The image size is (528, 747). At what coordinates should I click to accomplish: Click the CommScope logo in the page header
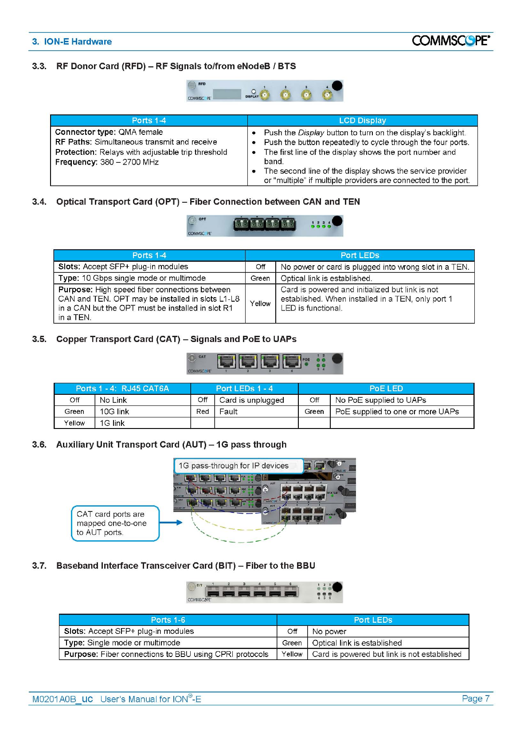pyautogui.click(x=450, y=40)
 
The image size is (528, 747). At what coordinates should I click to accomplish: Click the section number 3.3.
pyautogui.click(x=39, y=66)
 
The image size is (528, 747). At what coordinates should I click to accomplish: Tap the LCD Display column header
pyautogui.click(x=362, y=120)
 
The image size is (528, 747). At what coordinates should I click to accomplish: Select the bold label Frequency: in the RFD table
pyautogui.click(x=76, y=162)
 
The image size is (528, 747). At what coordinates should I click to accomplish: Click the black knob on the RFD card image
pyautogui.click(x=337, y=85)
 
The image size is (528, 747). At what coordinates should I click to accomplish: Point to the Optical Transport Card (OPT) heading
pyautogui.click(x=208, y=202)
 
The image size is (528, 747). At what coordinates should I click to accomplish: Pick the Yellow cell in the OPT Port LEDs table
pyautogui.click(x=260, y=303)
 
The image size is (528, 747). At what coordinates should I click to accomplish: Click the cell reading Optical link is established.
pyautogui.click(x=326, y=278)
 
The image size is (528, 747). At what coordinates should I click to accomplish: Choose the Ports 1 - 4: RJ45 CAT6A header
pyautogui.click(x=122, y=389)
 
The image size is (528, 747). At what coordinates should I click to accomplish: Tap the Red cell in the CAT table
pyautogui.click(x=203, y=412)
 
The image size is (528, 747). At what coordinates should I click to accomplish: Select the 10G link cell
pyautogui.click(x=114, y=412)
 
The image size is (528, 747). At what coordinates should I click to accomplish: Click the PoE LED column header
pyautogui.click(x=386, y=389)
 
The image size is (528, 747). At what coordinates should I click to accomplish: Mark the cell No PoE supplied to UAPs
pyautogui.click(x=380, y=400)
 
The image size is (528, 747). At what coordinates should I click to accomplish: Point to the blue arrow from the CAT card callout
pyautogui.click(x=171, y=523)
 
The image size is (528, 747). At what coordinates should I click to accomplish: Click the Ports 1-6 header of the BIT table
pyautogui.click(x=168, y=620)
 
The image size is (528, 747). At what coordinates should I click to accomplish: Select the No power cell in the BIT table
pyautogui.click(x=329, y=631)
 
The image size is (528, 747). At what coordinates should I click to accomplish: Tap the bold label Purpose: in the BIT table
pyautogui.click(x=81, y=654)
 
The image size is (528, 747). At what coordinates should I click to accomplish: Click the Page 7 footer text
pyautogui.click(x=475, y=699)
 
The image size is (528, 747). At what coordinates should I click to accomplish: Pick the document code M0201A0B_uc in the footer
pyautogui.click(x=63, y=700)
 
